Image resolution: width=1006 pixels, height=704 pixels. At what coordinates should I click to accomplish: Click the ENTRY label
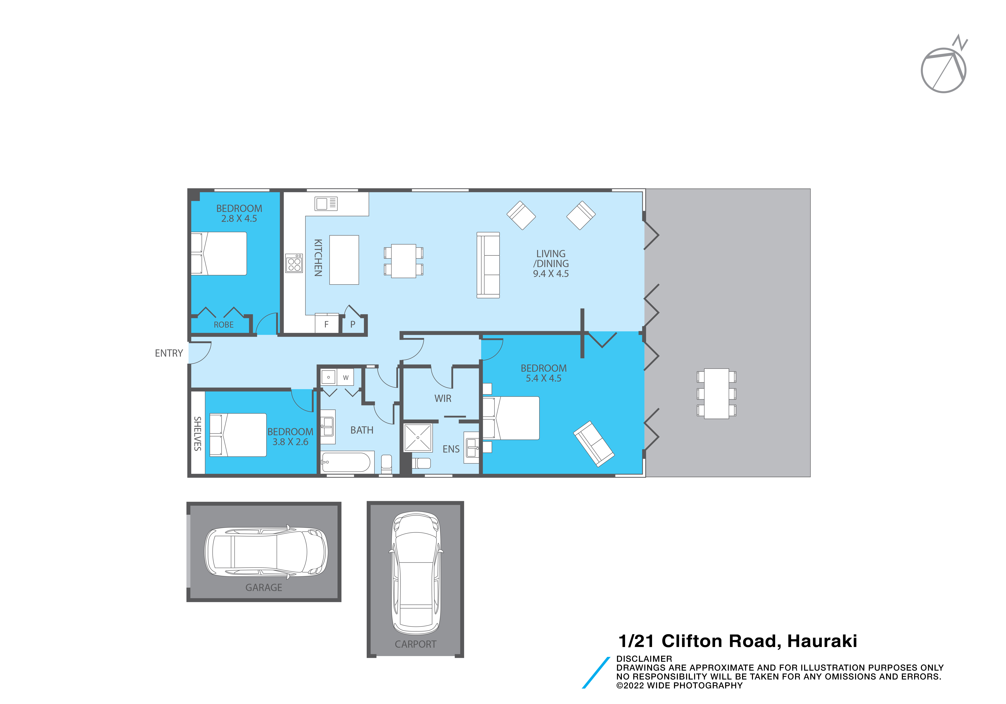click(169, 353)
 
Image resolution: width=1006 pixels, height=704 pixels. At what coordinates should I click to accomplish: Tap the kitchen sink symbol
click(326, 204)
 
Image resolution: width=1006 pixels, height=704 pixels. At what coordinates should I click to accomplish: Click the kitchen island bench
click(344, 260)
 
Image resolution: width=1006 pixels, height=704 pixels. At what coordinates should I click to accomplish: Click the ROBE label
click(223, 325)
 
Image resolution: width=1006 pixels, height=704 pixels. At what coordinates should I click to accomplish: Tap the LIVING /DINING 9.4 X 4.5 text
click(551, 264)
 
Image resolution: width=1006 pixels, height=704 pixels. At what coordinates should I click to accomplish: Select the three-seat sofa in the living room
click(488, 265)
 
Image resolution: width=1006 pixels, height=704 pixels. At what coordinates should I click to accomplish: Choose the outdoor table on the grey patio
click(716, 393)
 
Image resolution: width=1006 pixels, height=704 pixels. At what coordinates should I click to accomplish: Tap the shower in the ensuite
click(418, 437)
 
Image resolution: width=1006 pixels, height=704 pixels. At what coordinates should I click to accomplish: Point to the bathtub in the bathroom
click(346, 462)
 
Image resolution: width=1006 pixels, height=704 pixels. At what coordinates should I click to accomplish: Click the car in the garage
click(266, 551)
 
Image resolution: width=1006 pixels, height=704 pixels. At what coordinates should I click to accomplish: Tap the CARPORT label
click(415, 644)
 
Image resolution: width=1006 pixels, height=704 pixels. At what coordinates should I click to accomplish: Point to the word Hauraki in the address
click(822, 641)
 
